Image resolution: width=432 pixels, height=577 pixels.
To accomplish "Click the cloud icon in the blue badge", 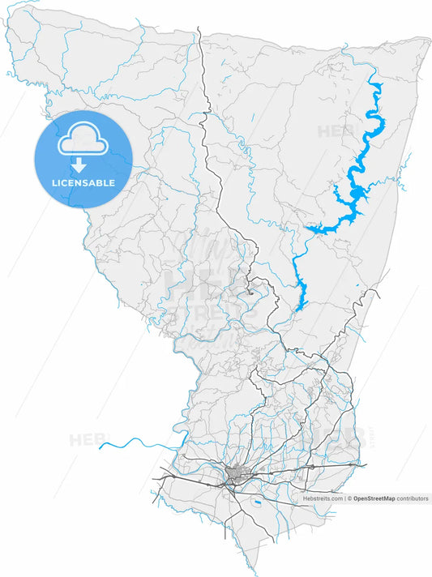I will click(82, 139).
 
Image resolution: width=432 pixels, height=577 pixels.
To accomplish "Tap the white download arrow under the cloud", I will click(79, 165).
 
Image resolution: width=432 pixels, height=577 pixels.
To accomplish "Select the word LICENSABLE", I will click(83, 183).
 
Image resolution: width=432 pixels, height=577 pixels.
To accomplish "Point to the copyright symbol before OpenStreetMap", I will click(349, 499).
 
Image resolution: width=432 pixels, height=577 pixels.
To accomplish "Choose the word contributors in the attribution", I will click(413, 499).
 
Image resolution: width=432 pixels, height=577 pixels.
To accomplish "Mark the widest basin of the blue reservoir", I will click(357, 193).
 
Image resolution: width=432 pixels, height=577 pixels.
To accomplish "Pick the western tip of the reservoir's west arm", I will click(306, 230).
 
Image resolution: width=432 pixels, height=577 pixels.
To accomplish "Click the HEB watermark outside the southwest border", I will click(86, 440).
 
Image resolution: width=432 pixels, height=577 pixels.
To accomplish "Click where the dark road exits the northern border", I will click(199, 28).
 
